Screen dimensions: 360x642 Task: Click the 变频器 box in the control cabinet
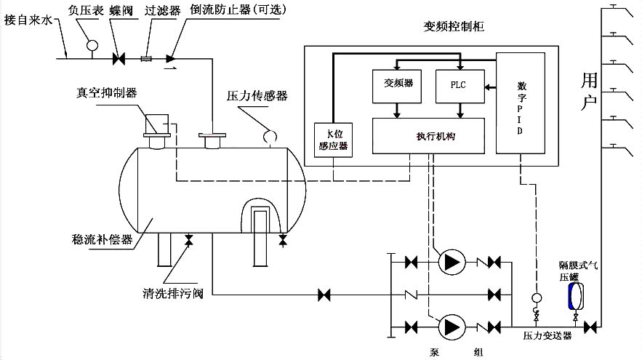[393, 84]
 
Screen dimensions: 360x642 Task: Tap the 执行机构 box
[428, 135]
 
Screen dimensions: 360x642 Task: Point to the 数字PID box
[516, 103]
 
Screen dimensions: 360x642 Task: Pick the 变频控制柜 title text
[448, 27]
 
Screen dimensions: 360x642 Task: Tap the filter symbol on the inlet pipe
[145, 57]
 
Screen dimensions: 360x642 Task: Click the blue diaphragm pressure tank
[574, 296]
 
